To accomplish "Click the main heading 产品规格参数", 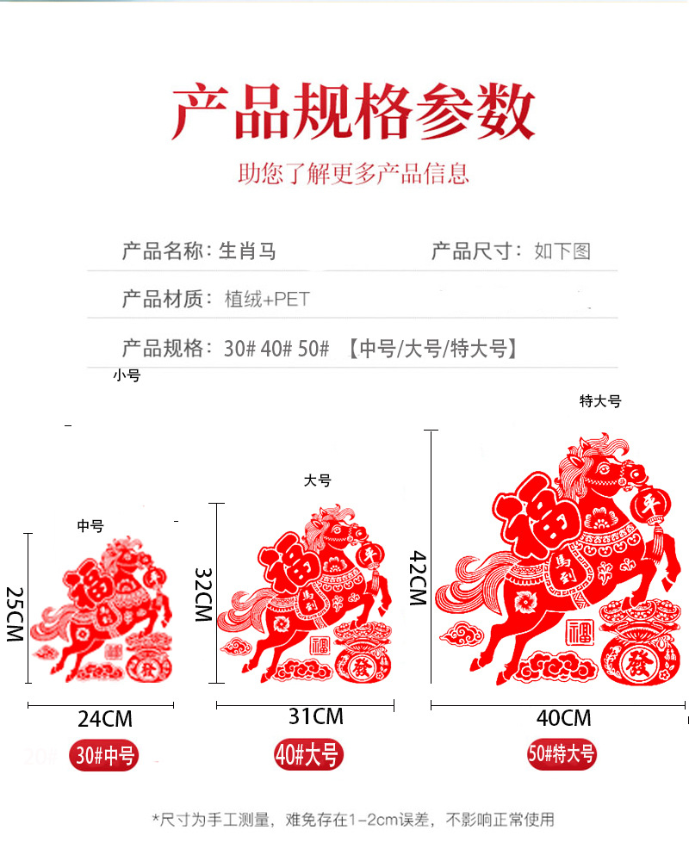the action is tap(353, 112).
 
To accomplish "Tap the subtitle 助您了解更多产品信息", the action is tap(353, 173).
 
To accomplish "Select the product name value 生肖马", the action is tap(247, 251).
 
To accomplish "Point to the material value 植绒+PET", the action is tap(266, 300).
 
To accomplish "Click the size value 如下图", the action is tap(562, 251).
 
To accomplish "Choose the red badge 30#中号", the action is tap(105, 756).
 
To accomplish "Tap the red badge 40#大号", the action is tap(308, 754).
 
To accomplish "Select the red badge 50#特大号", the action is tap(562, 754).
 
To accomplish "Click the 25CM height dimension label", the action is tap(14, 614).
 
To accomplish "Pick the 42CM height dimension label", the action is tap(417, 579).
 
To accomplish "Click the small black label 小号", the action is tap(126, 375).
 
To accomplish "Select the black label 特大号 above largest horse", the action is tap(599, 401).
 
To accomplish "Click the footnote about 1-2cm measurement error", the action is tap(353, 820).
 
